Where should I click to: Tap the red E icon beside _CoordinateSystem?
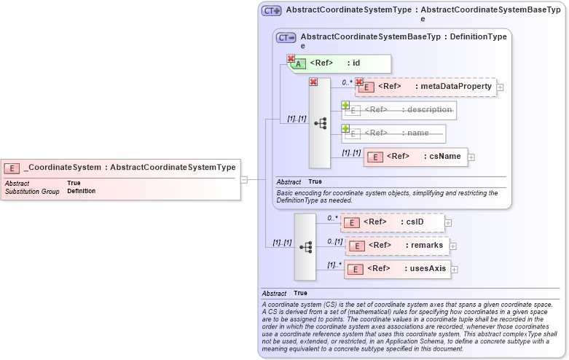pyautogui.click(x=12, y=168)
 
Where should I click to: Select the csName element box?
pyautogui.click(x=415, y=156)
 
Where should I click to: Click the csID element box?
pyautogui.click(x=393, y=222)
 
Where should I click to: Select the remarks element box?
pyautogui.click(x=397, y=246)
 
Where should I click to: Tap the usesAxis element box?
pyautogui.click(x=397, y=269)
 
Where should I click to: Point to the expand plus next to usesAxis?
pyautogui.click(x=455, y=270)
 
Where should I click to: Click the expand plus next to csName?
pyautogui.click(x=471, y=157)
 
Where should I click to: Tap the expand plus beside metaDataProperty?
pyautogui.click(x=500, y=87)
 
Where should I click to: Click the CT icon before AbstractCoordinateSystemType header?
pyautogui.click(x=272, y=11)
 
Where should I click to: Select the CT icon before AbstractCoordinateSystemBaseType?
pyautogui.click(x=286, y=37)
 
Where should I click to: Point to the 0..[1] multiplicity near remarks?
pyautogui.click(x=334, y=241)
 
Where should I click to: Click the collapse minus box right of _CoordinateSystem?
pyautogui.click(x=244, y=179)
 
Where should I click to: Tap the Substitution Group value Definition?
pyautogui.click(x=81, y=191)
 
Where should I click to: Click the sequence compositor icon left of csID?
pyautogui.click(x=305, y=247)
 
